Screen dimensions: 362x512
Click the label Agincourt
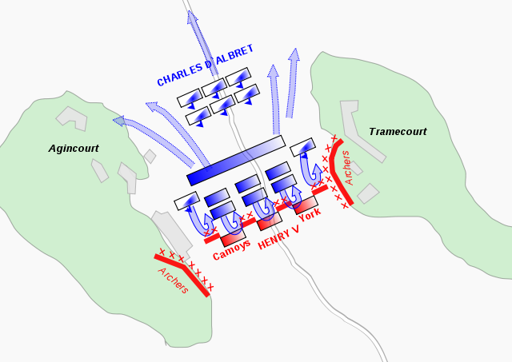[x=73, y=149]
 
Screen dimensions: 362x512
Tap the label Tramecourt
[x=398, y=131]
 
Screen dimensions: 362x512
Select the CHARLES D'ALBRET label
[x=206, y=66]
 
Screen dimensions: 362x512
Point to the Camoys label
[x=232, y=249]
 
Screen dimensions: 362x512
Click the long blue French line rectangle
[x=236, y=160]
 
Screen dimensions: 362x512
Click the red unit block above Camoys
[x=233, y=237]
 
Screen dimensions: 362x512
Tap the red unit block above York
[x=306, y=205]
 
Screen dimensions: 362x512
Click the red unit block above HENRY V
[x=270, y=220]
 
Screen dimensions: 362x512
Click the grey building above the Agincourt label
[x=71, y=117]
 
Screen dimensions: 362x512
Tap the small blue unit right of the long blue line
[x=302, y=147]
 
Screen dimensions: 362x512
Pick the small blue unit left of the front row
[x=186, y=201]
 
